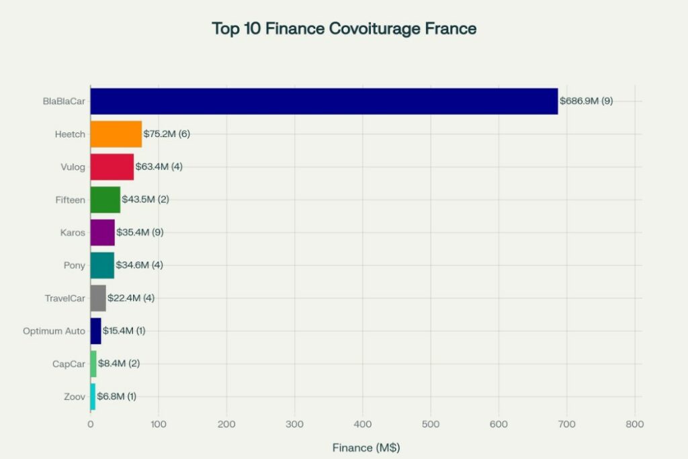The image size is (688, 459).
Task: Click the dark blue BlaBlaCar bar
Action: pyautogui.click(x=324, y=101)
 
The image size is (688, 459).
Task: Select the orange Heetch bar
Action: pyautogui.click(x=116, y=134)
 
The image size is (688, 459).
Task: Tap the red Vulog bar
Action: pyautogui.click(x=112, y=167)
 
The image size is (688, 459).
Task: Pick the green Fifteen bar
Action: pyautogui.click(x=105, y=200)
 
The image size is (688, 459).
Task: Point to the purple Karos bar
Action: pyautogui.click(x=103, y=233)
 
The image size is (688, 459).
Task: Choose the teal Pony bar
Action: pyautogui.click(x=102, y=265)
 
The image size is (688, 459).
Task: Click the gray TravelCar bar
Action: pyautogui.click(x=98, y=298)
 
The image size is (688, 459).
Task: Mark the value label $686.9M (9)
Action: pyautogui.click(x=586, y=101)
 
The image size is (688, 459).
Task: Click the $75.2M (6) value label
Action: pyautogui.click(x=167, y=134)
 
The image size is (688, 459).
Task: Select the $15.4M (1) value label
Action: pyautogui.click(x=124, y=331)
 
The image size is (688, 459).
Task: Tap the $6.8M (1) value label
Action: pyautogui.click(x=116, y=397)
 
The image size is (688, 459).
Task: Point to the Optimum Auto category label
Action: pyautogui.click(x=54, y=331)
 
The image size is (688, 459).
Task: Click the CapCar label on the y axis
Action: pyautogui.click(x=69, y=364)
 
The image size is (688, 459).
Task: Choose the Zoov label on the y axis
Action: pyautogui.click(x=74, y=397)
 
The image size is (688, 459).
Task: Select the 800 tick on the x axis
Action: pyautogui.click(x=634, y=425)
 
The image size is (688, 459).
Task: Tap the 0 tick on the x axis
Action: pyautogui.click(x=91, y=425)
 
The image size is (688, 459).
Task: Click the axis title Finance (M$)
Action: pyautogui.click(x=365, y=447)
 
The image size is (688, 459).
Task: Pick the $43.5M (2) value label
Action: pyautogui.click(x=146, y=200)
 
